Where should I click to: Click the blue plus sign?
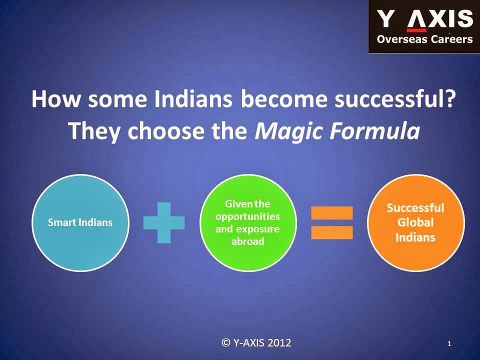click(164, 222)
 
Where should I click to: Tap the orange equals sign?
click(332, 223)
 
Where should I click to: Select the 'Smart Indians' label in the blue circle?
click(80, 222)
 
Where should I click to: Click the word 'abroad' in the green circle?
click(248, 241)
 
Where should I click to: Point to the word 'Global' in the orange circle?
click(415, 222)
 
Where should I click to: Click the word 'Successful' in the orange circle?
click(415, 208)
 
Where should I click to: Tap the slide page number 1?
click(449, 344)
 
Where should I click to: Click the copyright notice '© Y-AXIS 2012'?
click(256, 342)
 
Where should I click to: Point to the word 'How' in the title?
click(55, 99)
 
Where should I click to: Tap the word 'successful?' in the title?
click(393, 99)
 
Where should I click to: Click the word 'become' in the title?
click(284, 99)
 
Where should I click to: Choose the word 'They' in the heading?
click(94, 131)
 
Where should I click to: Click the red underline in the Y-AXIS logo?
click(416, 30)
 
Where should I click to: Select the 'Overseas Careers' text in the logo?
click(425, 39)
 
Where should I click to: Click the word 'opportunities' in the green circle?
click(247, 216)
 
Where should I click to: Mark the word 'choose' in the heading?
click(165, 130)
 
